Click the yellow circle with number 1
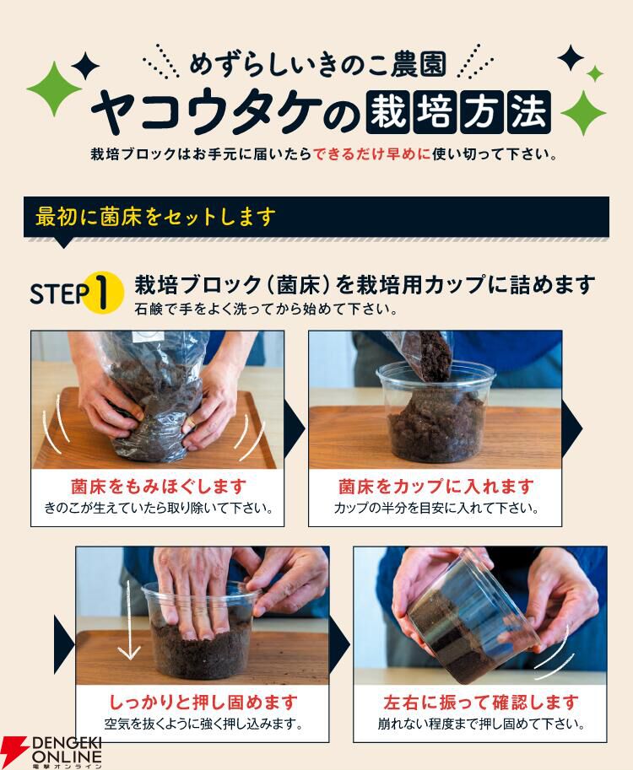click(x=102, y=293)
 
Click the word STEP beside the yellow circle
click(x=59, y=293)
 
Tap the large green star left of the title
click(x=53, y=89)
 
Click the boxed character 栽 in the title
click(x=387, y=112)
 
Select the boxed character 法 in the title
click(x=529, y=112)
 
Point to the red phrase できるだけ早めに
click(x=372, y=154)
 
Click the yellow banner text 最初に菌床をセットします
click(x=154, y=217)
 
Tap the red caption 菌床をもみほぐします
click(x=158, y=486)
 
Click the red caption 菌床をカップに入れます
click(x=436, y=486)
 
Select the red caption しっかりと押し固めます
click(x=202, y=702)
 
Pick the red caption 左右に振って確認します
click(x=481, y=702)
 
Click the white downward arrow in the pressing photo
click(x=129, y=619)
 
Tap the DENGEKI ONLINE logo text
click(x=67, y=750)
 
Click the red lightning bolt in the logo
click(x=14, y=751)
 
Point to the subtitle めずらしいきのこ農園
click(x=318, y=65)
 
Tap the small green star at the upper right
click(x=595, y=73)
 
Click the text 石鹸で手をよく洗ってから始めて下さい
click(x=266, y=310)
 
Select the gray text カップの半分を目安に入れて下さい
click(x=436, y=508)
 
